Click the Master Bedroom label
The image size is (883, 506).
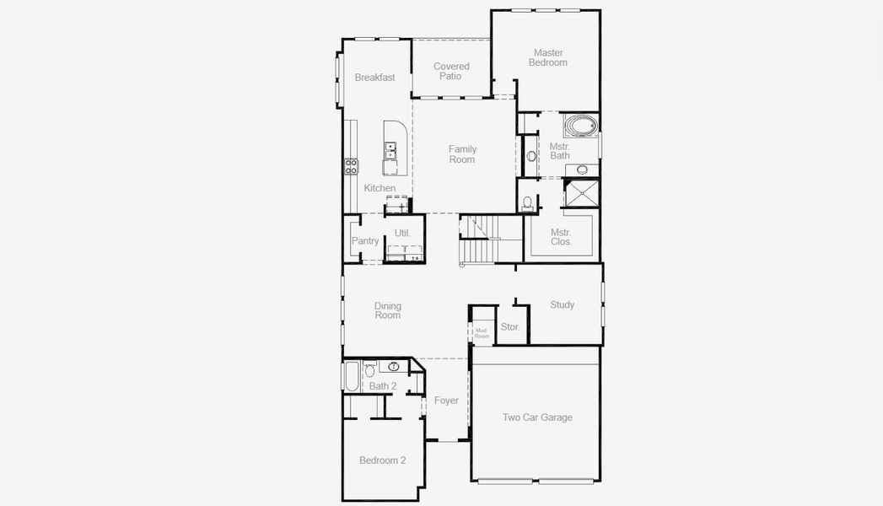[547, 57]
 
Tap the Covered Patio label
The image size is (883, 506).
[451, 72]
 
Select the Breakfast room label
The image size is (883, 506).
[374, 78]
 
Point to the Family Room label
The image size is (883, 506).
[461, 154]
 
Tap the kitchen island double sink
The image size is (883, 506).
[390, 151]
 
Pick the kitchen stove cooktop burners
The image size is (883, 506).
[351, 166]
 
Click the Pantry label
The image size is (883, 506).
[365, 241]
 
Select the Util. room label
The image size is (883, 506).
[402, 233]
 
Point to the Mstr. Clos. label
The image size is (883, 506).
[561, 237]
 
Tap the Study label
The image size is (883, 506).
[562, 304]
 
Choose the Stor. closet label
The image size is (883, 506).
[509, 326]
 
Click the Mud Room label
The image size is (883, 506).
[481, 333]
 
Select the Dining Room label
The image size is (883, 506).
[388, 310]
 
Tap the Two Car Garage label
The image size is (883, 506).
[536, 417]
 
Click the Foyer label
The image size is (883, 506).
[446, 401]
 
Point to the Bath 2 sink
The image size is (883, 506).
[393, 367]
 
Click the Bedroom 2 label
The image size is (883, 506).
[382, 460]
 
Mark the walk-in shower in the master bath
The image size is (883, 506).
[581, 193]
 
